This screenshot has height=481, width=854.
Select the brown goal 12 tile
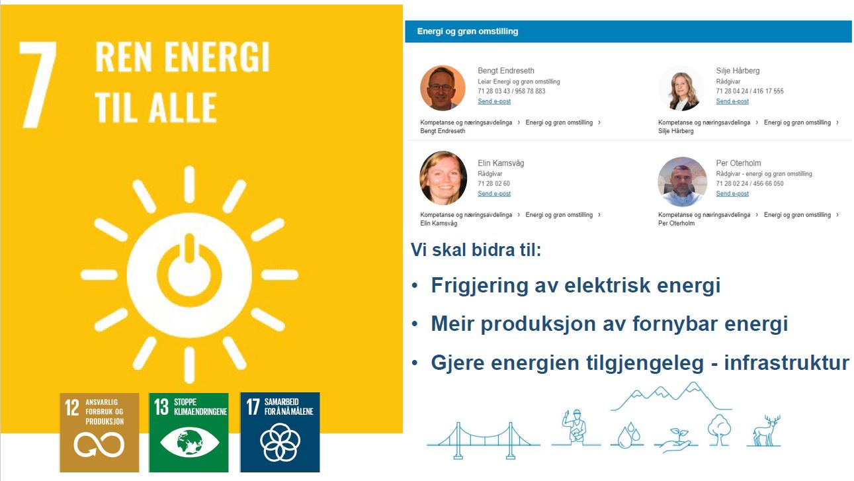[99, 433]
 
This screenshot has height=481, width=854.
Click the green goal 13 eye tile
[189, 433]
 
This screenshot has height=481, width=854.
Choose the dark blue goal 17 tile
[280, 433]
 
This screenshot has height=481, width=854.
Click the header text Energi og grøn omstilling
[468, 31]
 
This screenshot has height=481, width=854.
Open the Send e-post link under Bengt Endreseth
[494, 101]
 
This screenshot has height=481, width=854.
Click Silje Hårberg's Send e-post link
[732, 101]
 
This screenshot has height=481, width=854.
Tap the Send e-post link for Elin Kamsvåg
[494, 193]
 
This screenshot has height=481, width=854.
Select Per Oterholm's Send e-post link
[732, 193]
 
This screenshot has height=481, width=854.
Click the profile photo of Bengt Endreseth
[443, 88]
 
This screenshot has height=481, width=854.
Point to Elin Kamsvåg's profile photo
[443, 178]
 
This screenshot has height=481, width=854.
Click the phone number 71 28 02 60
[493, 183]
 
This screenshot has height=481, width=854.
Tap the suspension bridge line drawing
[484, 441]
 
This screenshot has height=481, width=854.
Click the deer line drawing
[766, 431]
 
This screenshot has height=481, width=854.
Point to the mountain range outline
[671, 397]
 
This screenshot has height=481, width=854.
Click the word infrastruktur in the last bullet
[787, 363]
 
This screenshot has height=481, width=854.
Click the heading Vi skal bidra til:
[476, 250]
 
